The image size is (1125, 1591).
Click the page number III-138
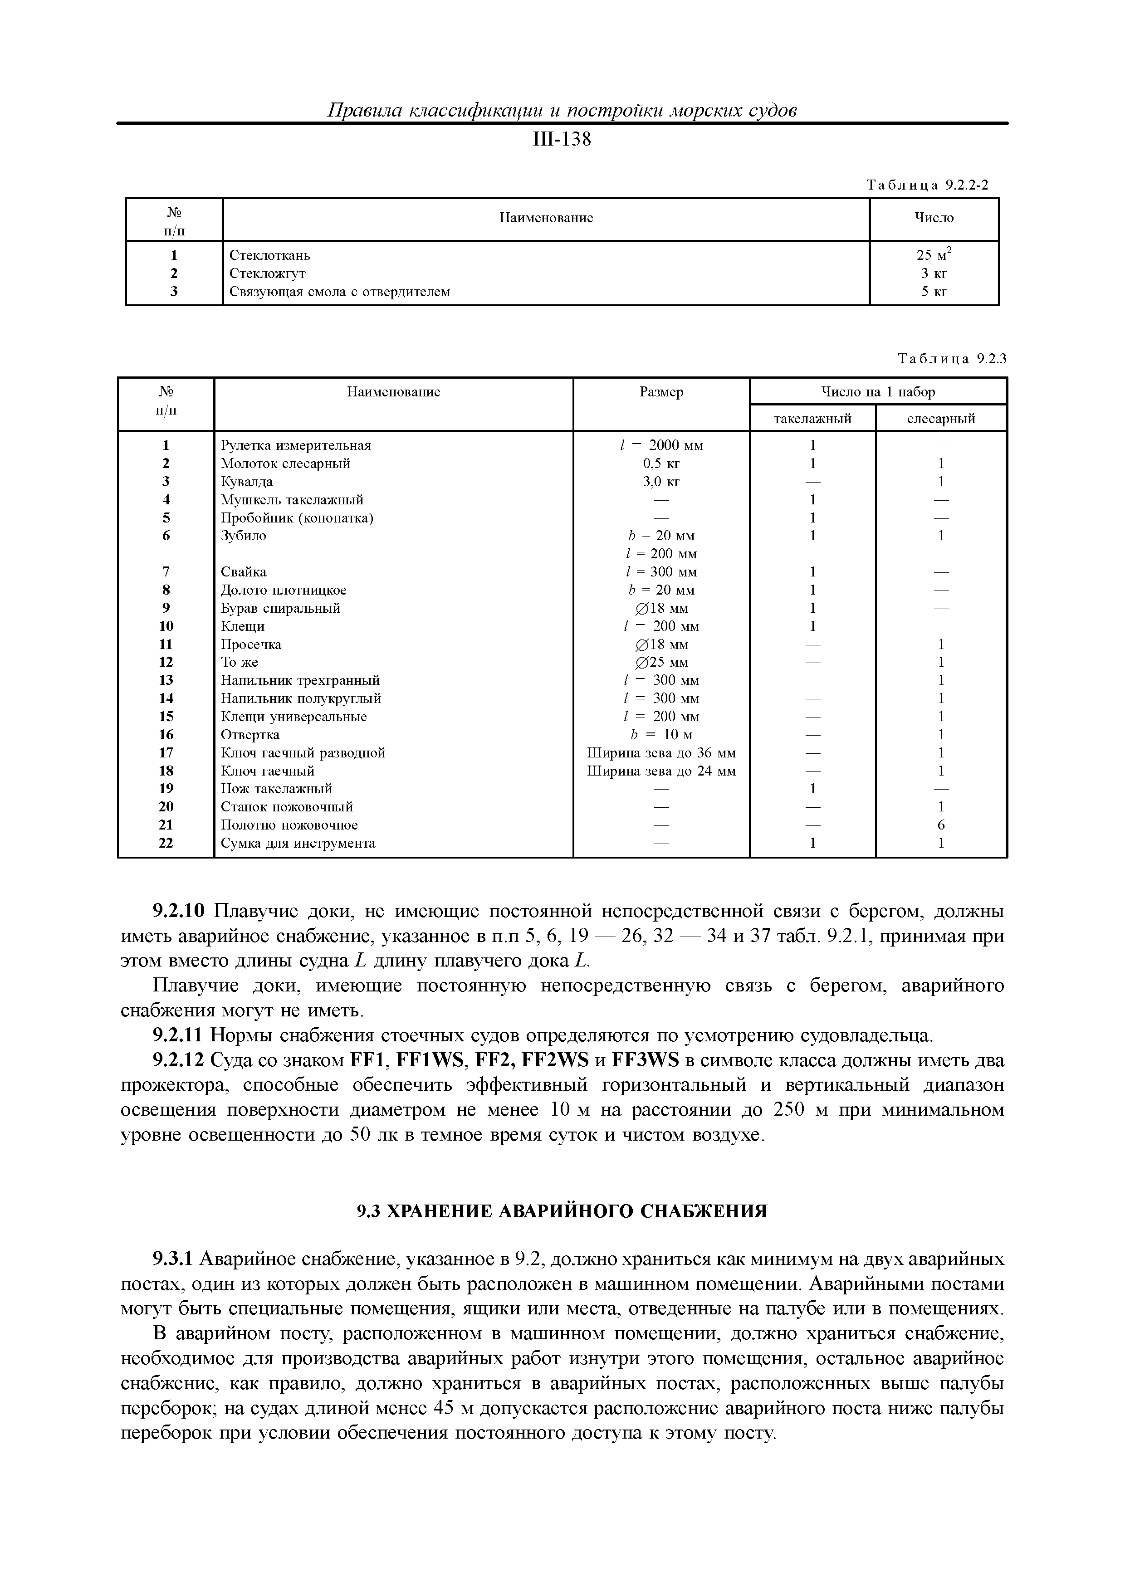pos(562,139)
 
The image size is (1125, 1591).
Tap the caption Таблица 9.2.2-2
pos(927,185)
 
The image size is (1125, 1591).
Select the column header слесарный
pos(941,419)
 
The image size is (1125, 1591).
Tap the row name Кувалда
pos(247,482)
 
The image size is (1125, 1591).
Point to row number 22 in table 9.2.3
pos(166,843)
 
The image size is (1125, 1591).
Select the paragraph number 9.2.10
pos(180,911)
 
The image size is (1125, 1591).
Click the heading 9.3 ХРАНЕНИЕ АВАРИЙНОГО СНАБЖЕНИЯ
pos(562,1211)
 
